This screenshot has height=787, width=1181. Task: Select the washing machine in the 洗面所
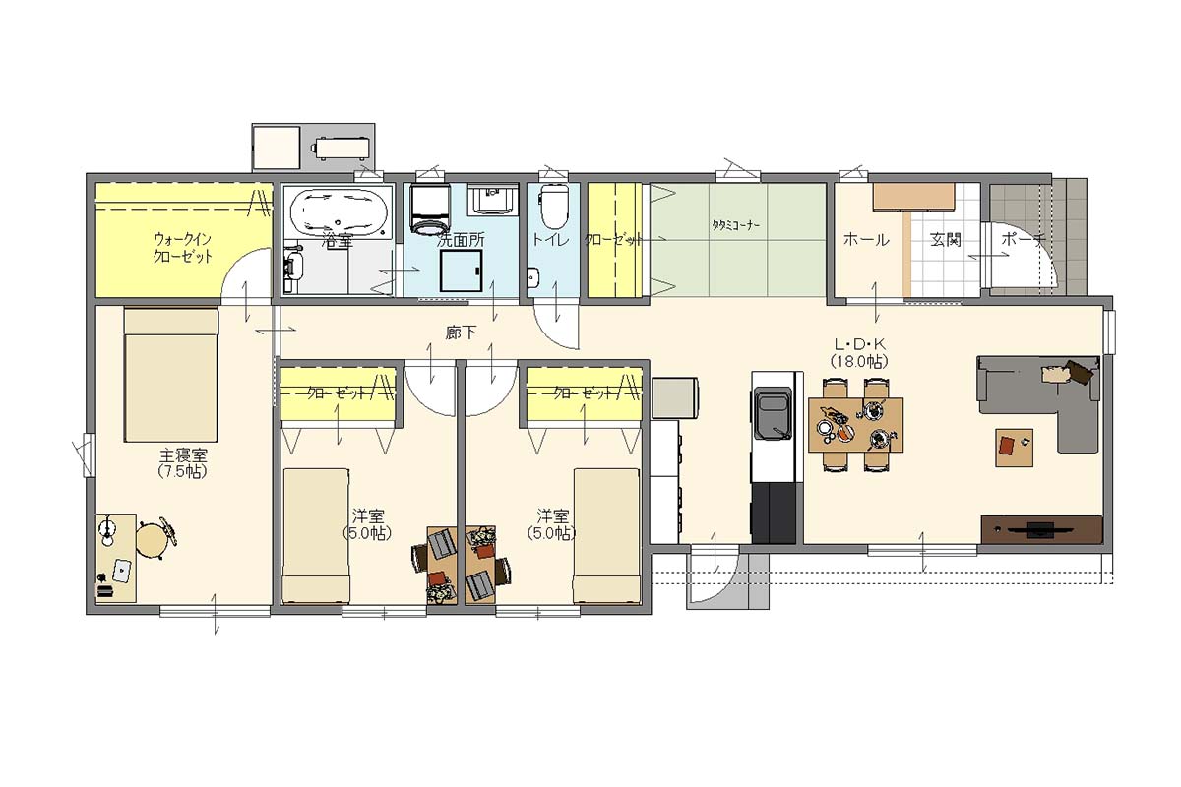(x=430, y=209)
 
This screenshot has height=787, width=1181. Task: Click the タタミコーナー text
(x=736, y=225)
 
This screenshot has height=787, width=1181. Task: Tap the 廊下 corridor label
(x=461, y=333)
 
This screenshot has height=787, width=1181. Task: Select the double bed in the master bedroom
(x=171, y=376)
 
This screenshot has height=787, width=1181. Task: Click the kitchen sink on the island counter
(x=774, y=413)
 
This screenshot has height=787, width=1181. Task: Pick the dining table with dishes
(x=855, y=425)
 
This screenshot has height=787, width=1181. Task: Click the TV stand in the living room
(x=1041, y=529)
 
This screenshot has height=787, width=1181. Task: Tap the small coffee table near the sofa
(x=1014, y=448)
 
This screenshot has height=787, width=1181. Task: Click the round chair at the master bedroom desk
(x=153, y=539)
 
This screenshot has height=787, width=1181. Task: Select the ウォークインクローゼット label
(x=182, y=248)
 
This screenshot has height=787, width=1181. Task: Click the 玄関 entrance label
(x=946, y=240)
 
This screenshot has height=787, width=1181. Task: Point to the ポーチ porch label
(x=1023, y=240)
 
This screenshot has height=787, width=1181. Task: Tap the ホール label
(x=866, y=240)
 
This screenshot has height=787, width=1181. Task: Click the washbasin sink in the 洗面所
(x=492, y=200)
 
